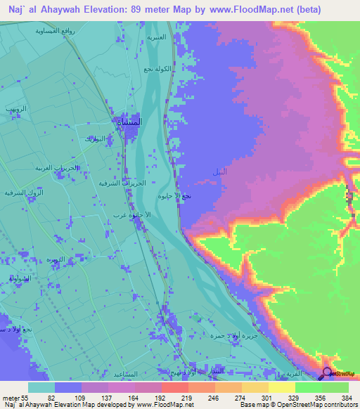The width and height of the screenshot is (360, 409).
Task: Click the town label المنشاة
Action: coord(131,122)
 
